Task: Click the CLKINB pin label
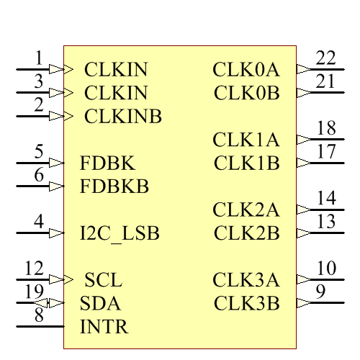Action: coord(123,116)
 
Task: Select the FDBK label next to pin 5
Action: coord(107,163)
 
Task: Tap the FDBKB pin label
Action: coord(114,186)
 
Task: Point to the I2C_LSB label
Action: coord(120,233)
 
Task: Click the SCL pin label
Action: coord(104,279)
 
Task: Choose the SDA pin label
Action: coord(101,303)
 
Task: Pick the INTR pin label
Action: coord(104,327)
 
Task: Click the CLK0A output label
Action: coord(246,70)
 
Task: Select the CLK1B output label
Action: coord(246,163)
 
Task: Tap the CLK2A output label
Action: coord(246,210)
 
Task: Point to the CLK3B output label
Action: coord(246,303)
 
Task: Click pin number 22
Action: coord(325,58)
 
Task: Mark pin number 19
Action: coord(34,292)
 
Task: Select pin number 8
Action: coord(39,315)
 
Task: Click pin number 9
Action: coord(320,292)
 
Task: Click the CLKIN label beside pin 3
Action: coord(116,93)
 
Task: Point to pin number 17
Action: coord(325,152)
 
